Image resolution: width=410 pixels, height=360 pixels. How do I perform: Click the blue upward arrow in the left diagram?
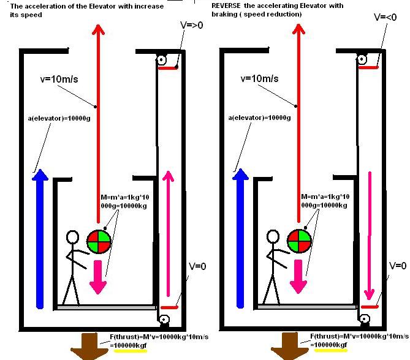coord(40,239)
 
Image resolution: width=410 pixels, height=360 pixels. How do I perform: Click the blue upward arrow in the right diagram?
coord(238,239)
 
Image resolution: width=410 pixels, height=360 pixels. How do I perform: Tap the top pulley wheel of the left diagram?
coord(161,60)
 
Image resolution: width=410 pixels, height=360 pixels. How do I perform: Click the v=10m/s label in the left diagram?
coord(58,78)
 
